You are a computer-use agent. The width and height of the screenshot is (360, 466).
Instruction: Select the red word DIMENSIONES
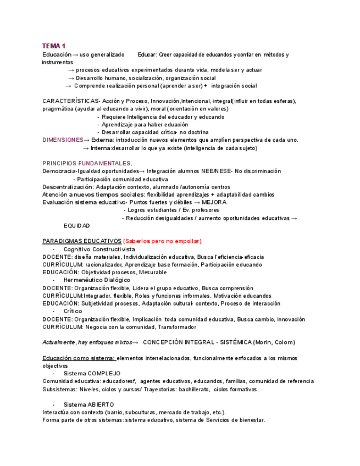(62, 140)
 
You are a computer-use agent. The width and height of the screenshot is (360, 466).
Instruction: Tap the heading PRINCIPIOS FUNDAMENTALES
(87, 163)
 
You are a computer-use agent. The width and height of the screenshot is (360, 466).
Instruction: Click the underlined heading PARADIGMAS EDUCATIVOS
(81, 241)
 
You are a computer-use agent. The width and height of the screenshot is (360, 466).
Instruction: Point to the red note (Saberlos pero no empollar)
(162, 241)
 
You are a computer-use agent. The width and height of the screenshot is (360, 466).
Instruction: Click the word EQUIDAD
(76, 226)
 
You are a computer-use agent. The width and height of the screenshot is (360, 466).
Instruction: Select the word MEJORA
(214, 202)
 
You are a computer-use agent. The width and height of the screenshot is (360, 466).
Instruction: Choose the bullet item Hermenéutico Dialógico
(97, 280)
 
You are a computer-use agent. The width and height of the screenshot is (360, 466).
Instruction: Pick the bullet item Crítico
(73, 311)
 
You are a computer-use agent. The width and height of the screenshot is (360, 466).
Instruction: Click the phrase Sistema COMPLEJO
(92, 374)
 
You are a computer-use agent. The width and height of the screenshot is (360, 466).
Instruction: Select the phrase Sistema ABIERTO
(88, 404)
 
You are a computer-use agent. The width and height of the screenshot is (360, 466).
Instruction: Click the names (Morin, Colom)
(270, 342)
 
